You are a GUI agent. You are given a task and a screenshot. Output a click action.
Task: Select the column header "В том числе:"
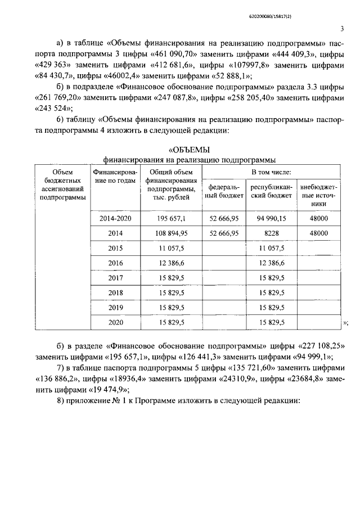pos(271,172)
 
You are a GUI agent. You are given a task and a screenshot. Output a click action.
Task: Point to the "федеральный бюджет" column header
pos(223,191)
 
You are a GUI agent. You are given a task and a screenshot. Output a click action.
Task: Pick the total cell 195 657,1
pos(173,218)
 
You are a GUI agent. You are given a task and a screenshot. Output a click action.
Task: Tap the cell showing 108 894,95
pos(173,233)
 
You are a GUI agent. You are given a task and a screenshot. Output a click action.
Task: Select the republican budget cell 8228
pos(271,233)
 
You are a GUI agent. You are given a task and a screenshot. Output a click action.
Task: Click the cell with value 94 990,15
pos(271,218)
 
